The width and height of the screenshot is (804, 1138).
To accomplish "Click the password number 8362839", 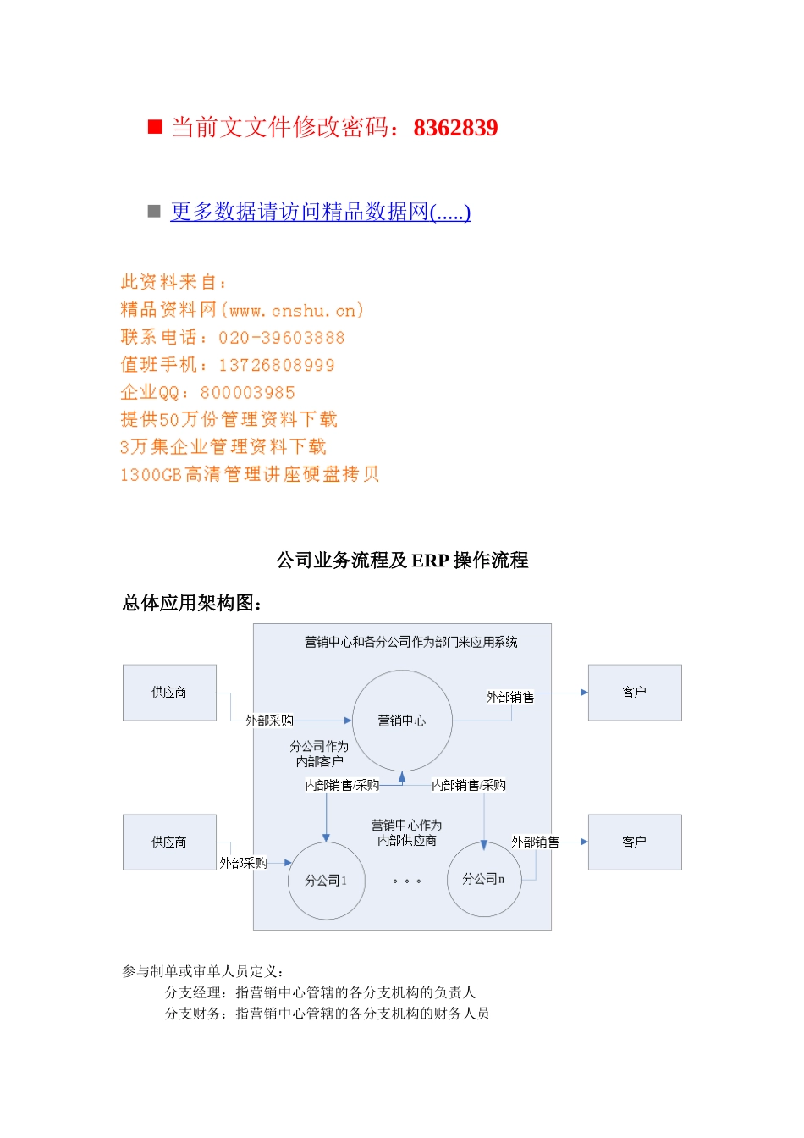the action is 455,128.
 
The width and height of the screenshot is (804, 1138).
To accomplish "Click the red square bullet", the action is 155,127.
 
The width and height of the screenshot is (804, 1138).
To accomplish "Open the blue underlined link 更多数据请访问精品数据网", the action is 320,212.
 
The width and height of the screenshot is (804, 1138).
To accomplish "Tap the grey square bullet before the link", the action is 154,211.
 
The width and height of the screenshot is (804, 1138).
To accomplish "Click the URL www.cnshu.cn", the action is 292,310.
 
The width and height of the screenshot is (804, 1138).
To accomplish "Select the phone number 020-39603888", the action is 281,338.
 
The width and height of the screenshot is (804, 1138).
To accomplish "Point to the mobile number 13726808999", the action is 276,365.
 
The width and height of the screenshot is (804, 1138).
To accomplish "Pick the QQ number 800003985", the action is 247,393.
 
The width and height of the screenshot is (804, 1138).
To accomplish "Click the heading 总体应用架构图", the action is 192,603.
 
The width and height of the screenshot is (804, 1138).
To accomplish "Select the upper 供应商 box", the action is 169,693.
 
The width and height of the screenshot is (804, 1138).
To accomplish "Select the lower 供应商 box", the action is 169,842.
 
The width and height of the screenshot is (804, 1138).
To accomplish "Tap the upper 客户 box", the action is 635,693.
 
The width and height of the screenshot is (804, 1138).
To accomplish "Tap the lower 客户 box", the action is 635,842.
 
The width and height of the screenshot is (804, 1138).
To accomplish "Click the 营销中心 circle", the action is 402,721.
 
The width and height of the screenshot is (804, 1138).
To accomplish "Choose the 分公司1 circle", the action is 326,881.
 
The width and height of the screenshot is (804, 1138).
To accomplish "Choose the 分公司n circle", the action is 483,879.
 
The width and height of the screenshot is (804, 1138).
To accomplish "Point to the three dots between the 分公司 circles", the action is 407,881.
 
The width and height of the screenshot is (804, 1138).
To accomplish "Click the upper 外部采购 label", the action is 269,721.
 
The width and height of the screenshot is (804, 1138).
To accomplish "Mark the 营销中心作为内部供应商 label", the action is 407,832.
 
